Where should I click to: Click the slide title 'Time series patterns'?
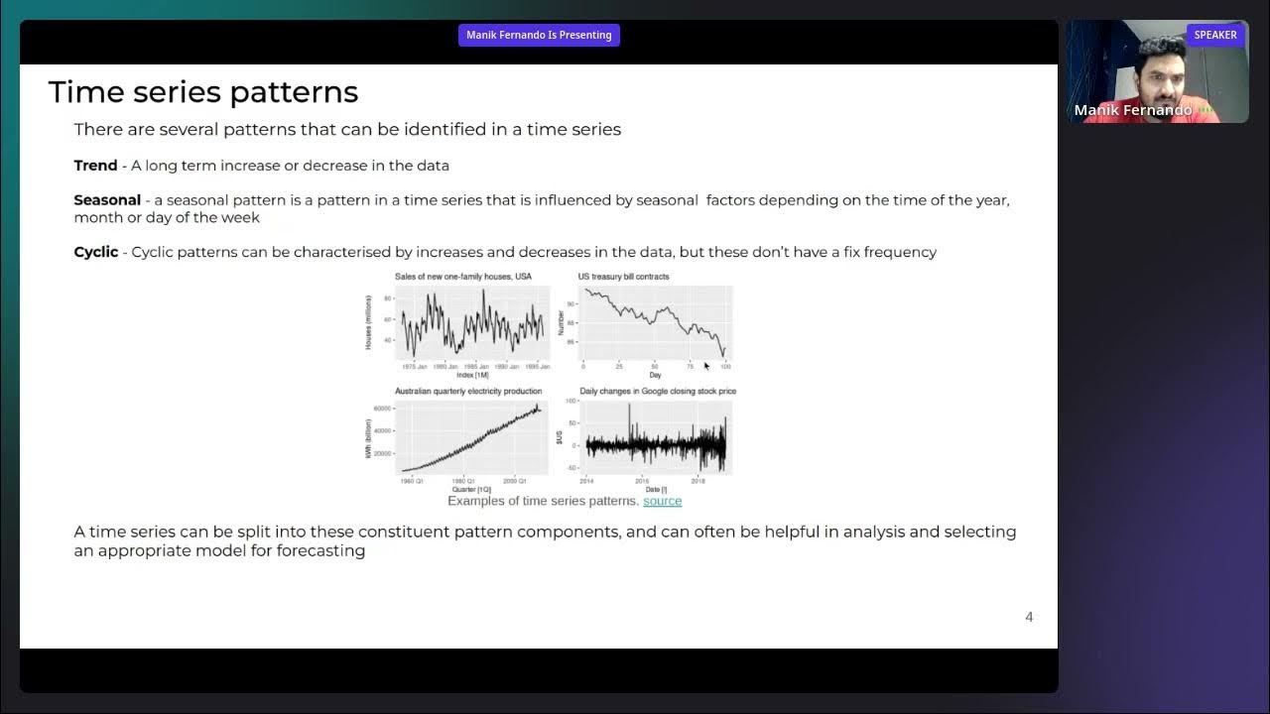[202, 92]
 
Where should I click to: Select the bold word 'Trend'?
[95, 166]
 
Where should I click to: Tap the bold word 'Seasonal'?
[107, 200]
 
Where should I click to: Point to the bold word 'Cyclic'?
[96, 252]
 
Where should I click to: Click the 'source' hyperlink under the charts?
[662, 501]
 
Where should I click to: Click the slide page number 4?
[1029, 617]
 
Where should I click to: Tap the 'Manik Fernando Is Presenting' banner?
[539, 35]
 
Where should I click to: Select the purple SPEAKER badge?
[1214, 35]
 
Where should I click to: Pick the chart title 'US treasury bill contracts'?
[623, 277]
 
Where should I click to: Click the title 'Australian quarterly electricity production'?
[468, 392]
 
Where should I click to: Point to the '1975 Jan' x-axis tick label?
[415, 367]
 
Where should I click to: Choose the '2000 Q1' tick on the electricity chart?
[515, 481]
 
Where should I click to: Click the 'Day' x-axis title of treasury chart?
[655, 375]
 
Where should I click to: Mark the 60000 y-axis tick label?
[383, 409]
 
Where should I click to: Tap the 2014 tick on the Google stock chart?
[586, 481]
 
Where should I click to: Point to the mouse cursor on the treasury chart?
[706, 365]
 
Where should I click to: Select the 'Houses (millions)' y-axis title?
[368, 321]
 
